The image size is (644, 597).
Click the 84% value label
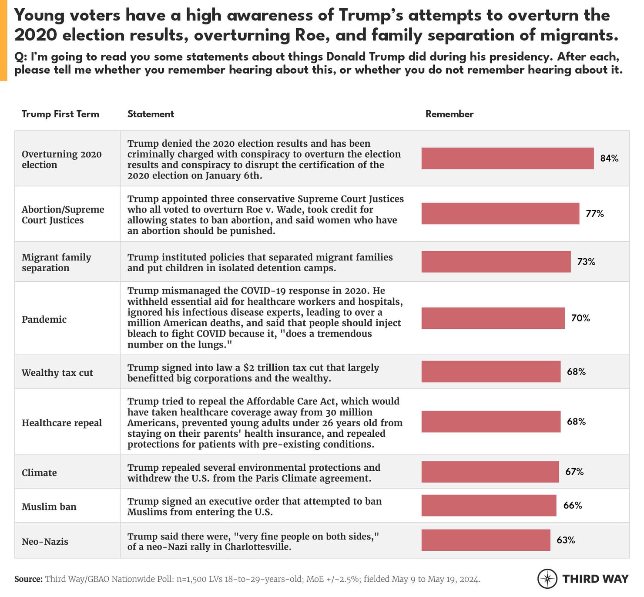pyautogui.click(x=609, y=159)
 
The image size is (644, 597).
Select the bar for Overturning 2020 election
pyautogui.click(x=507, y=159)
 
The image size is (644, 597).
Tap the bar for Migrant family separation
pyautogui.click(x=496, y=262)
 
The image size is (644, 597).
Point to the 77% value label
pyautogui.click(x=594, y=214)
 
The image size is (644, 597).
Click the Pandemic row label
pyautogui.click(x=44, y=320)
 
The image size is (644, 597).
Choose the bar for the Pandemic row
pyautogui.click(x=493, y=318)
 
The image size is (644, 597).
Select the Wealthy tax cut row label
pyautogui.click(x=57, y=373)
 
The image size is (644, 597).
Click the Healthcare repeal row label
pyautogui.click(x=62, y=423)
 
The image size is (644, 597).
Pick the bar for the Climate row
pyautogui.click(x=490, y=472)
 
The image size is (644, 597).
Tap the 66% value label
pyautogui.click(x=573, y=506)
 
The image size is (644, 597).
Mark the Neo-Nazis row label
pyautogui.click(x=45, y=542)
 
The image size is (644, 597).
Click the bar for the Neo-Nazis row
pyautogui.click(x=486, y=540)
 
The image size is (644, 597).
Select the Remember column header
pyautogui.click(x=449, y=114)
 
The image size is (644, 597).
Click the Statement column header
pyautogui.click(x=151, y=114)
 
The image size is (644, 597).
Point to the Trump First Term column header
pyautogui.click(x=60, y=114)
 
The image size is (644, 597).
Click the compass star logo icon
pyautogui.click(x=547, y=579)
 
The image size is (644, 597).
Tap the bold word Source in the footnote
pyautogui.click(x=28, y=579)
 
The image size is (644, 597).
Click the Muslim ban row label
pyautogui.click(x=49, y=507)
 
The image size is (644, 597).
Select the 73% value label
pyautogui.click(x=586, y=262)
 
